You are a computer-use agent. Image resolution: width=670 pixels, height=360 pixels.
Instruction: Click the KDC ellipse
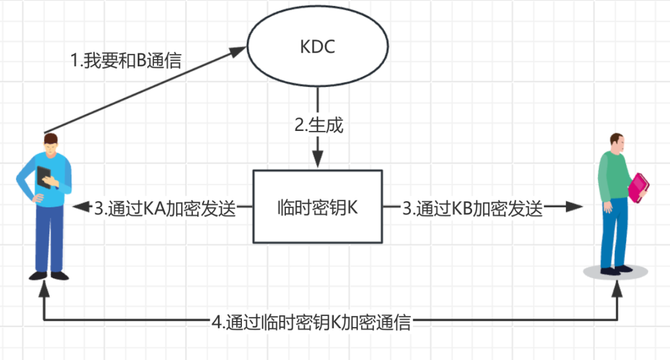pyautogui.click(x=318, y=47)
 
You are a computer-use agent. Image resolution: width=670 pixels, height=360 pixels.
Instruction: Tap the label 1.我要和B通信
pyautogui.click(x=126, y=61)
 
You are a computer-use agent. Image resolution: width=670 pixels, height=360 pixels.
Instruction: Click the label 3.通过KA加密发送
pyautogui.click(x=165, y=209)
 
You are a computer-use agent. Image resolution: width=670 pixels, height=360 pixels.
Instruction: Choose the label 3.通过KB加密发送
pyautogui.click(x=473, y=209)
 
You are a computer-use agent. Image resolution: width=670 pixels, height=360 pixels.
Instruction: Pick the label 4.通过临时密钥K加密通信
pyautogui.click(x=311, y=323)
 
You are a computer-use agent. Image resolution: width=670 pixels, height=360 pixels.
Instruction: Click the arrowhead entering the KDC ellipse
pyautogui.click(x=239, y=50)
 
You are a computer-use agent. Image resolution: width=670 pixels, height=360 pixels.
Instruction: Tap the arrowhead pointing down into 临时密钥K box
pyautogui.click(x=318, y=160)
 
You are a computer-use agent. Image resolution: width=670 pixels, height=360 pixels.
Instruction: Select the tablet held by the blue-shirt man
pyautogui.click(x=45, y=177)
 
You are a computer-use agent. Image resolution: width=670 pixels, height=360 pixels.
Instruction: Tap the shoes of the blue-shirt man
pyautogui.click(x=50, y=274)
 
